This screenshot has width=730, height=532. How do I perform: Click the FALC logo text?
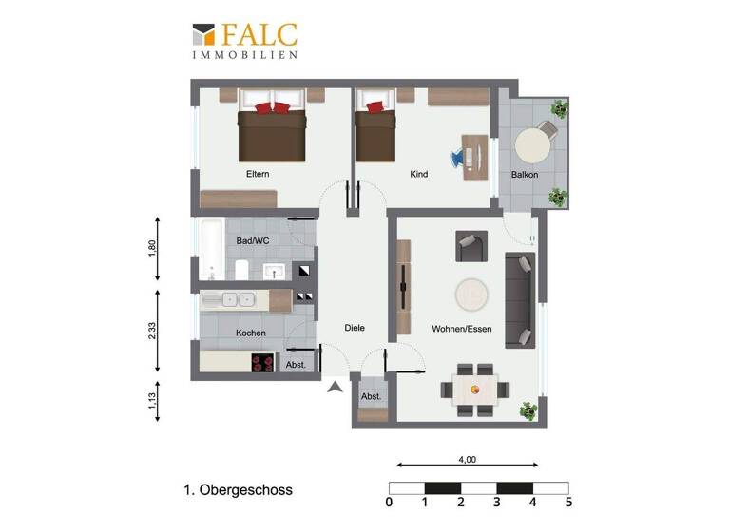pyautogui.click(x=259, y=35)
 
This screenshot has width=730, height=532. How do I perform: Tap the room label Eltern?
pyautogui.click(x=258, y=174)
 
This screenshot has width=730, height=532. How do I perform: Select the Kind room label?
pyautogui.click(x=419, y=174)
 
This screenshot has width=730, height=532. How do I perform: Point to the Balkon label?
pyautogui.click(x=524, y=175)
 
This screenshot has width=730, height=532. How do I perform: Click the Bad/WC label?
pyautogui.click(x=251, y=241)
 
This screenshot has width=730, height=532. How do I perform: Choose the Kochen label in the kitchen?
pyautogui.click(x=251, y=332)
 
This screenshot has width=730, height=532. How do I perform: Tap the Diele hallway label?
pyautogui.click(x=355, y=328)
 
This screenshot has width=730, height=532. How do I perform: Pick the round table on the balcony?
pyautogui.click(x=532, y=145)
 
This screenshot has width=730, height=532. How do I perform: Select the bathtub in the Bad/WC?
pyautogui.click(x=212, y=251)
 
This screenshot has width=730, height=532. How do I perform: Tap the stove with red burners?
pyautogui.click(x=261, y=362)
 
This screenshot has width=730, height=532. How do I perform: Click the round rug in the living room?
pyautogui.click(x=471, y=294)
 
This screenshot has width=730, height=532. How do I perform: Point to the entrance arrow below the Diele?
pyautogui.click(x=335, y=386)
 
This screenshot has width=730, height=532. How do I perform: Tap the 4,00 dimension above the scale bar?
pyautogui.click(x=467, y=460)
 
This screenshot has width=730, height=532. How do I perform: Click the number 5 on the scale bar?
pyautogui.click(x=568, y=503)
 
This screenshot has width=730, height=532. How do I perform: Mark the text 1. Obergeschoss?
pyautogui.click(x=238, y=490)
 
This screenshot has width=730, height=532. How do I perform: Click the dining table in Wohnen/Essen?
pyautogui.click(x=474, y=388)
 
